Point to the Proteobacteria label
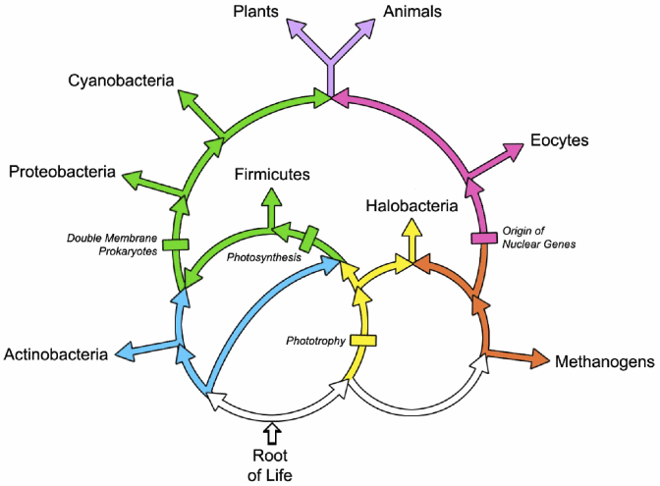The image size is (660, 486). click(60, 173)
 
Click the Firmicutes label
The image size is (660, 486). click(272, 174)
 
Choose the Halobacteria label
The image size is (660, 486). click(412, 206)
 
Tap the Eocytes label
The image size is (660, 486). click(559, 140)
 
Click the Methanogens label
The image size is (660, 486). click(604, 362)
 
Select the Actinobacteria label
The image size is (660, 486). click(55, 353)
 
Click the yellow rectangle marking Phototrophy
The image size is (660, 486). click(362, 341)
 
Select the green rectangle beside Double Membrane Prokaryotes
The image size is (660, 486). click(176, 243)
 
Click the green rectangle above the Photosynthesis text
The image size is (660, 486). click(309, 239)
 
